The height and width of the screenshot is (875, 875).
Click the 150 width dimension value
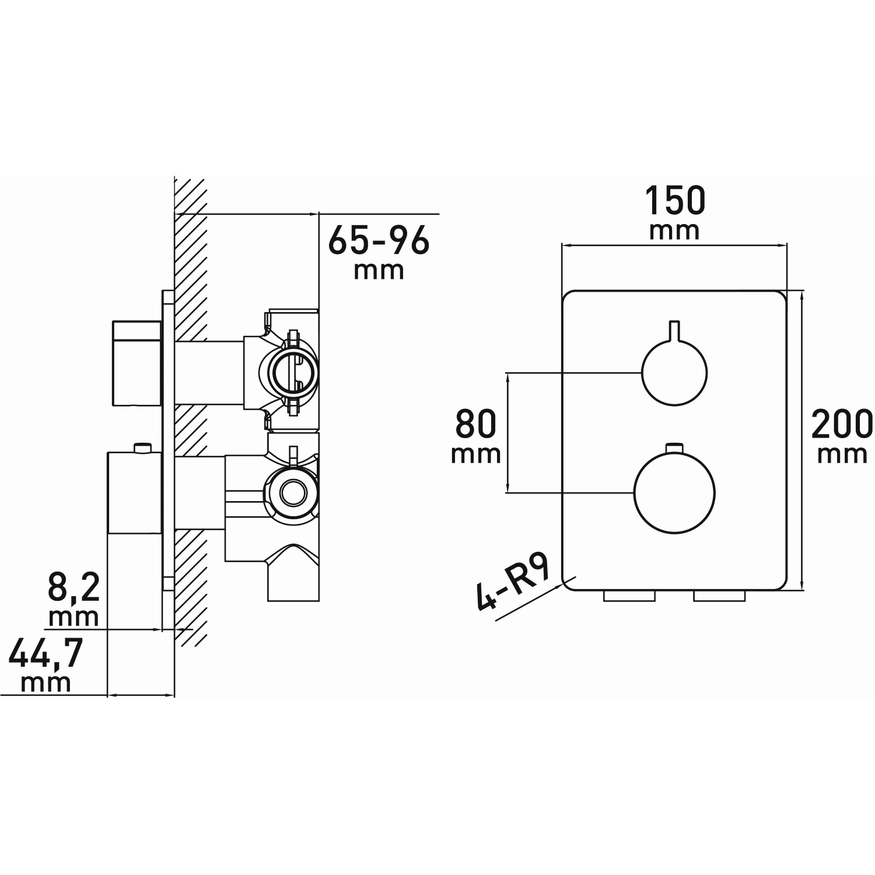coord(675,201)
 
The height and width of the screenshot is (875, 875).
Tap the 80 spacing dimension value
coord(476,424)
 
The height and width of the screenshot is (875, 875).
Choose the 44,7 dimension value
coord(46,654)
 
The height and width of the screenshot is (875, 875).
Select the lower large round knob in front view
coord(674,492)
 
